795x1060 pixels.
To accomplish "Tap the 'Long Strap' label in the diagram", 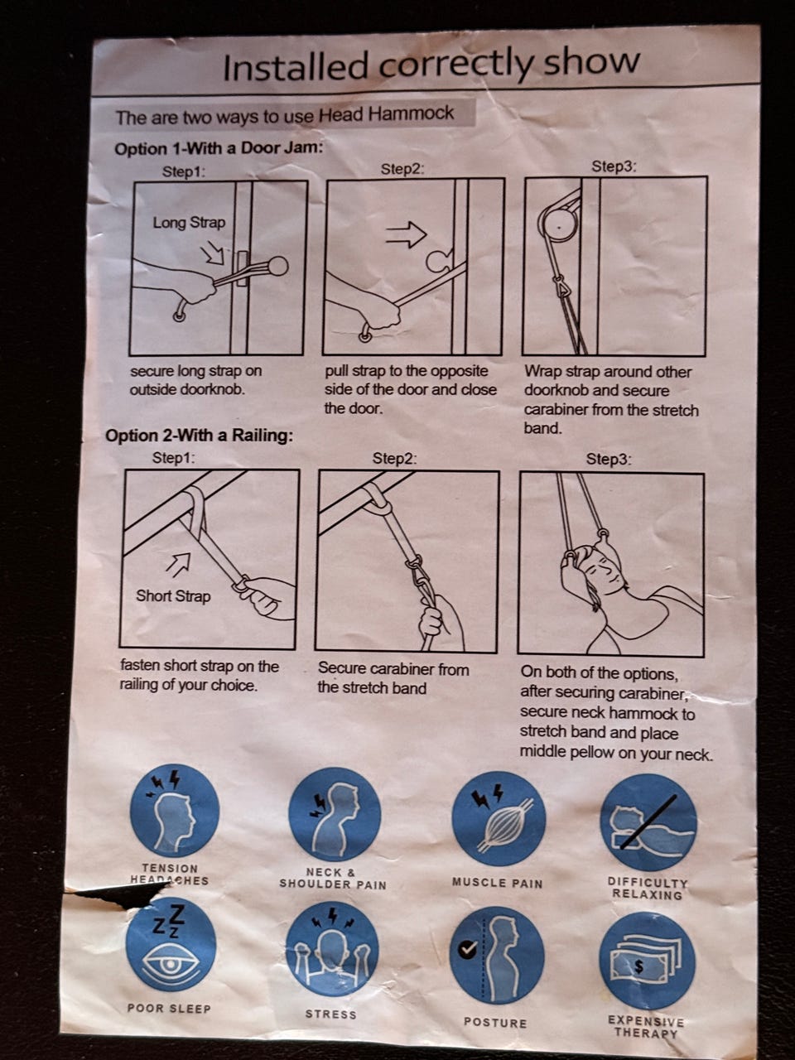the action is point(189,223).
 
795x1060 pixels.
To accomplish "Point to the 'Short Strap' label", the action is point(173,596).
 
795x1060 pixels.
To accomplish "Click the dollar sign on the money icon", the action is point(639,965).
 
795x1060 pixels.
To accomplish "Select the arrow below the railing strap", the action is point(177,564).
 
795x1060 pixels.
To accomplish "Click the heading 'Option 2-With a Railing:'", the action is point(200,436).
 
